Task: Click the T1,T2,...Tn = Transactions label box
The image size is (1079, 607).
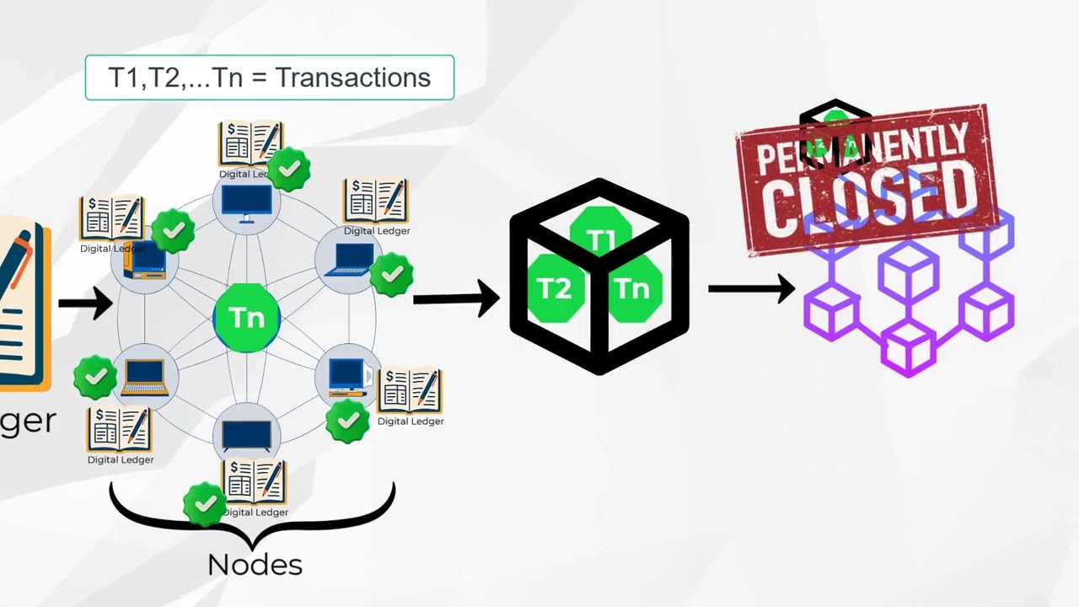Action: click(270, 78)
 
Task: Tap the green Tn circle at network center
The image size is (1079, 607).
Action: click(247, 318)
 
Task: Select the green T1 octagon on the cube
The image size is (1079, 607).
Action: click(601, 239)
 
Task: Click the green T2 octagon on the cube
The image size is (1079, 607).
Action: click(554, 289)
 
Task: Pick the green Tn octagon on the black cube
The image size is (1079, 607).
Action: click(632, 289)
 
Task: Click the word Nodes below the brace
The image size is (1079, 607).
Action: click(255, 564)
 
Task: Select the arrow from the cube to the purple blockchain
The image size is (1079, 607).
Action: click(750, 288)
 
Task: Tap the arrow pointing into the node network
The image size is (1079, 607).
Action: click(85, 303)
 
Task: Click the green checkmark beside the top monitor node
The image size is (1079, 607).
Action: click(288, 169)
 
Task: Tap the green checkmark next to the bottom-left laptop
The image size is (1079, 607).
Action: click(95, 377)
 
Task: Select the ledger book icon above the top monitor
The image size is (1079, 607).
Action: click(250, 143)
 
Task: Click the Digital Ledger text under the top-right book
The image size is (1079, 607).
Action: click(377, 231)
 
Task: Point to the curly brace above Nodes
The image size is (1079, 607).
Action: click(252, 515)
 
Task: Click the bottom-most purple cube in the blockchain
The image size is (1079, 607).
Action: click(908, 347)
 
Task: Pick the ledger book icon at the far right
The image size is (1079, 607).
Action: click(410, 389)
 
